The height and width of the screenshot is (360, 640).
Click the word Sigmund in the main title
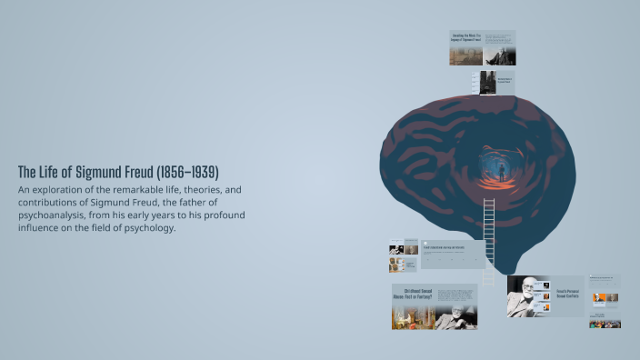(x=102, y=172)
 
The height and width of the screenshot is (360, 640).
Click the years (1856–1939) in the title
(x=187, y=172)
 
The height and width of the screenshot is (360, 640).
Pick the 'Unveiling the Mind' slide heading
(x=465, y=38)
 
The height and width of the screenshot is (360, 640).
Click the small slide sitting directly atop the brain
(x=496, y=82)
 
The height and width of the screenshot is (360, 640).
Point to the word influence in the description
(x=40, y=227)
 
